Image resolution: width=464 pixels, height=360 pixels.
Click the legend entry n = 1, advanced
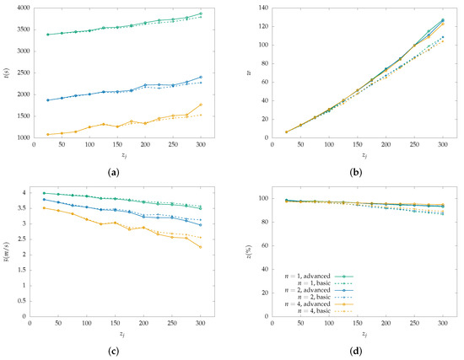click(x=308, y=275)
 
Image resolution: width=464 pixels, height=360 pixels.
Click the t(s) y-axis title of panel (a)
click(x=6, y=73)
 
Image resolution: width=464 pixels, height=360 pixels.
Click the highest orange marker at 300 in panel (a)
click(x=201, y=105)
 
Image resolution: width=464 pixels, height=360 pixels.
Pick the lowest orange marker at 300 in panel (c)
click(x=201, y=247)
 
